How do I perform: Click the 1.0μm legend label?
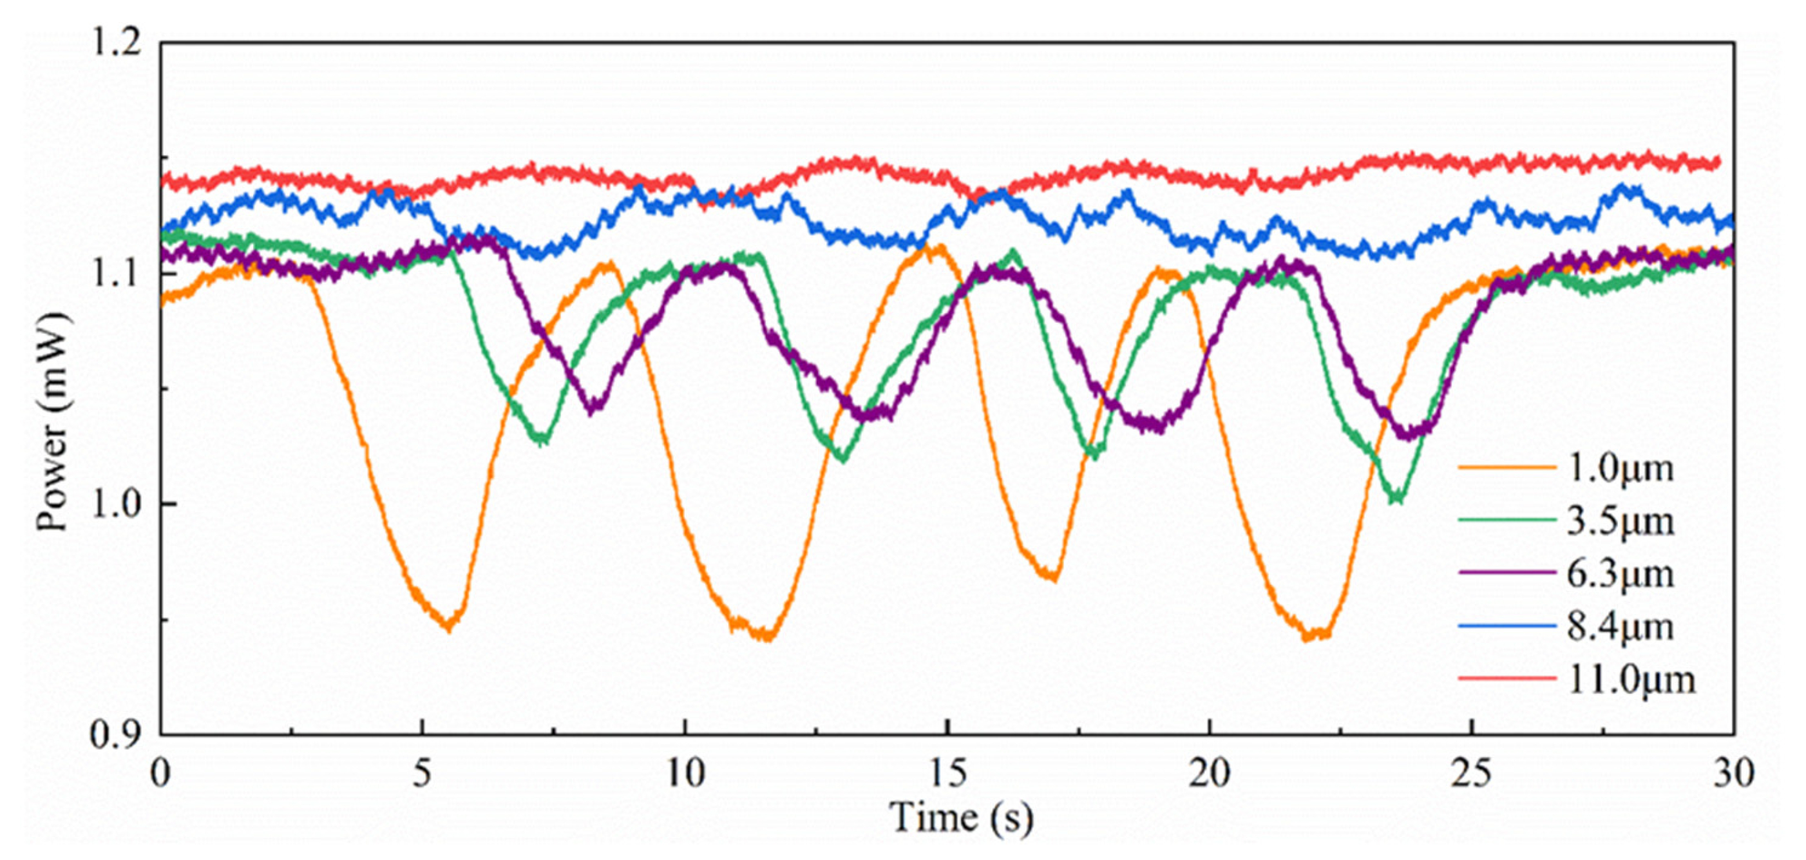1619,468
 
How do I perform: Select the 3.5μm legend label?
1619,521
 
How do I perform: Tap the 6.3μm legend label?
1619,574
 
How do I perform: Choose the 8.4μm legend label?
1619,626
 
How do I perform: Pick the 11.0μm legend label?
1631,679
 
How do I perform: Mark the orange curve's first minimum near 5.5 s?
450,626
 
